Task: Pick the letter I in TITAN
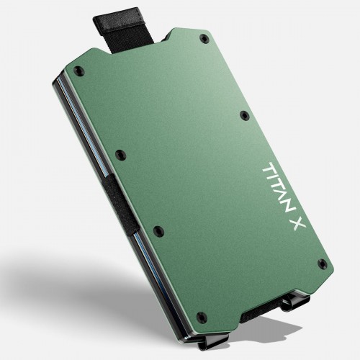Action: point(273,177)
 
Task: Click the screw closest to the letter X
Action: point(321,264)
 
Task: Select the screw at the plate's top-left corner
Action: point(78,71)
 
